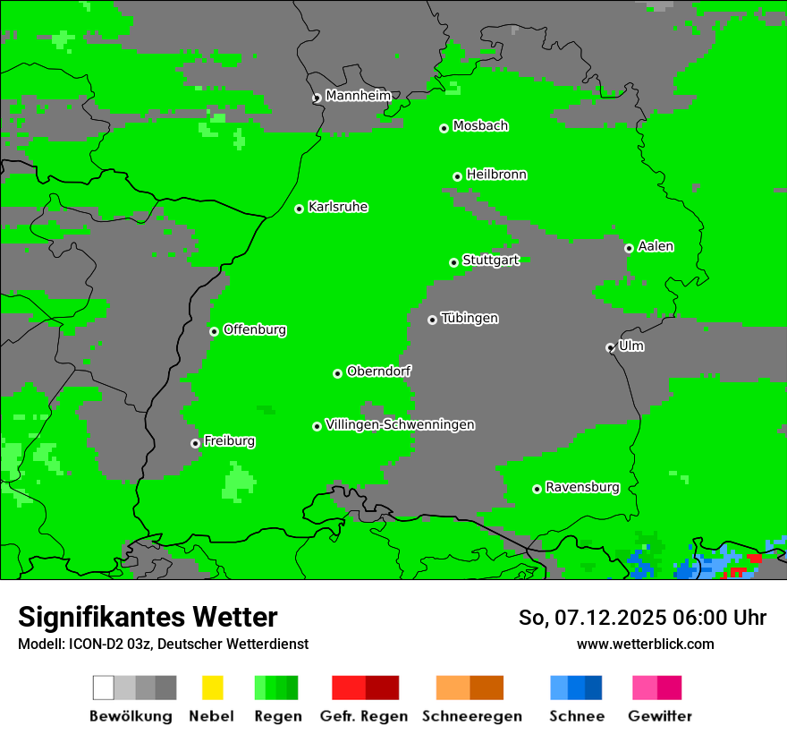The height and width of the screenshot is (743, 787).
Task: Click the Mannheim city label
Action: point(359,96)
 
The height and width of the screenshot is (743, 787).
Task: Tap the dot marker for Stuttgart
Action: point(454,262)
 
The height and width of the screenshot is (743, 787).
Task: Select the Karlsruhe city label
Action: point(338,207)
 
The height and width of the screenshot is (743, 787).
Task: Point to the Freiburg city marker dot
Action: point(195,443)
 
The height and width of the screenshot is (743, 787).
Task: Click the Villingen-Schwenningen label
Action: point(400,424)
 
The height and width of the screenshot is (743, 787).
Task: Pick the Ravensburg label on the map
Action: point(582,487)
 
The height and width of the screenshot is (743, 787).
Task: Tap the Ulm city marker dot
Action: point(610,347)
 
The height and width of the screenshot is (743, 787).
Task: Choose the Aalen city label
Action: point(656,246)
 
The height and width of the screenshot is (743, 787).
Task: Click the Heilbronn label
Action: point(496,175)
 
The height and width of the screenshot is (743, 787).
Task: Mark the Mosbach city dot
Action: point(444,128)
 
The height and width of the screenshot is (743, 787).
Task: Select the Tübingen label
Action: point(470,318)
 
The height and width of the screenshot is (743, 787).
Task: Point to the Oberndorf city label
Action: point(379,371)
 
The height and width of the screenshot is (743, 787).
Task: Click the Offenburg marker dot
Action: point(214,331)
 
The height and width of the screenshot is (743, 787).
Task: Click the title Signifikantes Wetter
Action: point(148,618)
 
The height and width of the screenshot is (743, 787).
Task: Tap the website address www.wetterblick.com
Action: point(645,644)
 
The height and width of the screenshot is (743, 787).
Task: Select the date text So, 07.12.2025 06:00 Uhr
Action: point(642,618)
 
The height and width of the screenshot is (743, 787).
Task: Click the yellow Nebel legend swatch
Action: point(212,687)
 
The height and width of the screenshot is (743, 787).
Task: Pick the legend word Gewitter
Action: point(660,716)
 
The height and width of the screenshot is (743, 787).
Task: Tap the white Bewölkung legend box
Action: point(104,687)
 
